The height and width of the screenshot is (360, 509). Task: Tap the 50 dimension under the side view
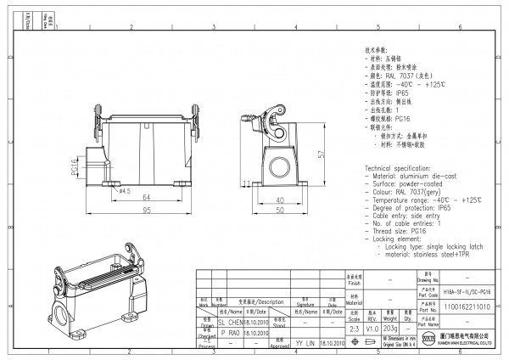click(278, 210)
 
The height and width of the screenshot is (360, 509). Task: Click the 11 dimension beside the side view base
click(245, 183)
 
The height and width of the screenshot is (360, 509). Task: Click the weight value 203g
click(391, 327)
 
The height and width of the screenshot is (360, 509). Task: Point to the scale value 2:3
click(355, 327)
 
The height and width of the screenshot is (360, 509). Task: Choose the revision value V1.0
click(372, 327)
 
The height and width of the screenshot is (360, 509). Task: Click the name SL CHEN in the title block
click(231, 323)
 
